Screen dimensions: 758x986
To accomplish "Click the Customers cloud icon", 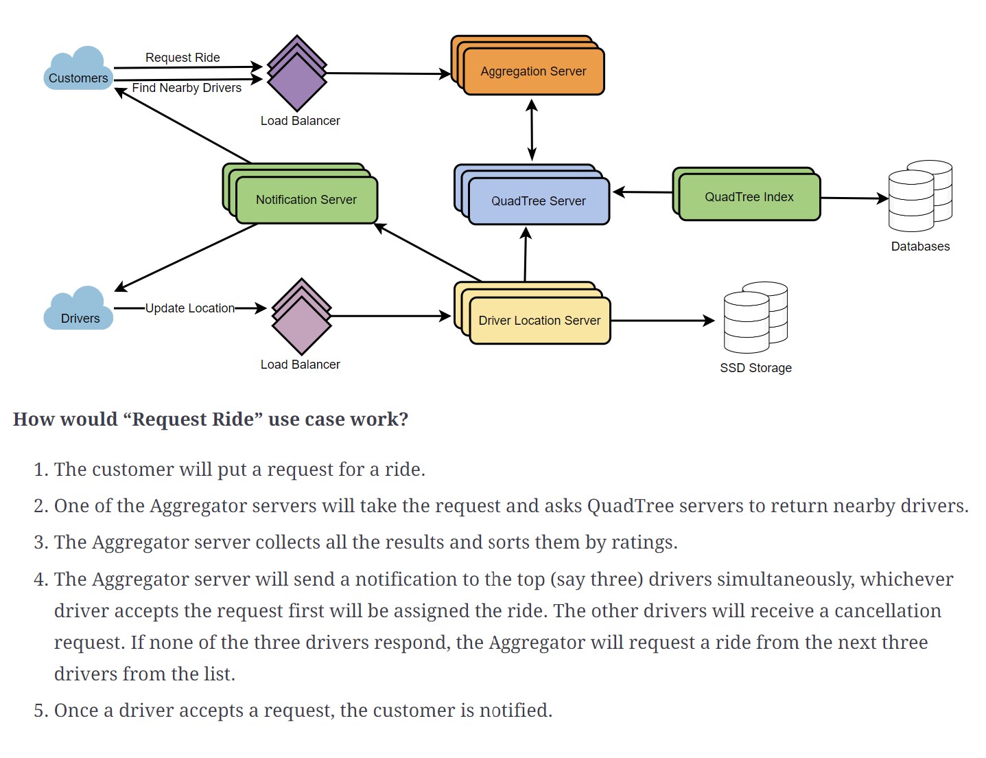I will [78, 69].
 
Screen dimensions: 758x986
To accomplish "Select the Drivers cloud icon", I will [78, 310].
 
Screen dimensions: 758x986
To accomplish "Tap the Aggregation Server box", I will [533, 71].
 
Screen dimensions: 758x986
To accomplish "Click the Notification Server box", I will [306, 200].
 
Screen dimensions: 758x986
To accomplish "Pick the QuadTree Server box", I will [538, 201].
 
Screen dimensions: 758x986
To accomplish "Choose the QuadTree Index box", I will [749, 197].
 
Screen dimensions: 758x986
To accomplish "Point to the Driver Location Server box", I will [539, 321].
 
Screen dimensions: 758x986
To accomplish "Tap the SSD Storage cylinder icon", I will [754, 317].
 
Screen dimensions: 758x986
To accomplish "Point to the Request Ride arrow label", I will [183, 58].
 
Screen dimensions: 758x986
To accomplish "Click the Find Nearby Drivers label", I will [187, 88].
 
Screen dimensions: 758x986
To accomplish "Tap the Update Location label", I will [189, 308].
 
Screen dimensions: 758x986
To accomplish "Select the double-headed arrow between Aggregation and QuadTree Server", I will [532, 130].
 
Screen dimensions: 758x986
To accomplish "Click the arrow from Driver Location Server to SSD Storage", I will [662, 321].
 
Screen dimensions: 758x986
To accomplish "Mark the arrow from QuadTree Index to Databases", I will [854, 198].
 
